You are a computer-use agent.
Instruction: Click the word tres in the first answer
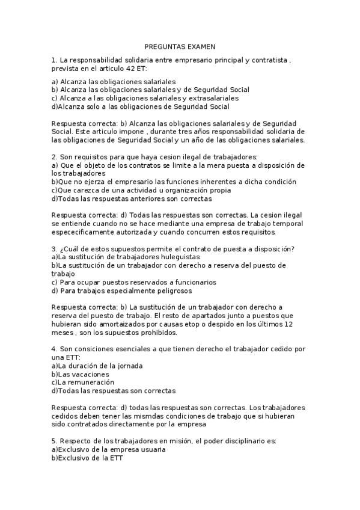pyautogui.click(x=168, y=131)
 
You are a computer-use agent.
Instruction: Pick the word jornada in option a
pyautogui.click(x=130, y=366)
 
